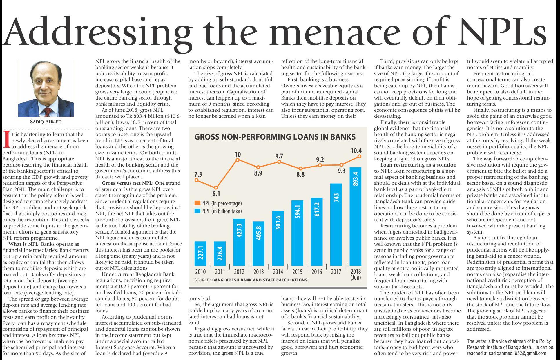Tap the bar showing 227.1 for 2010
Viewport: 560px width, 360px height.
click(x=200, y=254)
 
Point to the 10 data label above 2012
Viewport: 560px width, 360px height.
click(x=238, y=155)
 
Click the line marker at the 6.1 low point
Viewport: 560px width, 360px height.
click(x=216, y=188)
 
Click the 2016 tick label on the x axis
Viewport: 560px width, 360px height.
click(x=317, y=272)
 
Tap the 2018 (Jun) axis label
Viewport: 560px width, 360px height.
click(x=356, y=274)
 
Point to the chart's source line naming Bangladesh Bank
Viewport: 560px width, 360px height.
click(x=251, y=280)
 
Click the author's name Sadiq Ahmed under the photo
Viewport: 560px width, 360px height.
click(x=46, y=122)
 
